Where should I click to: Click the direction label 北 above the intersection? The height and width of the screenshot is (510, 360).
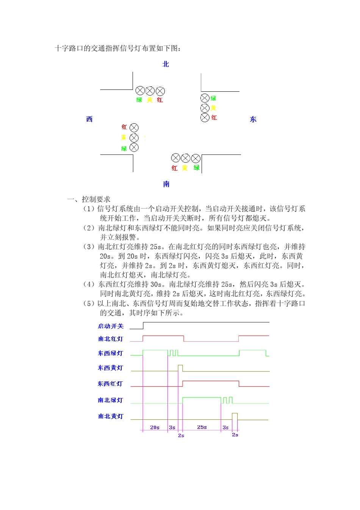(x=166, y=64)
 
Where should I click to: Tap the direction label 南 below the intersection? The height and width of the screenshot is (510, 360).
(x=166, y=184)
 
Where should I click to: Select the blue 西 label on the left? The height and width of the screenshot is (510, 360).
(x=89, y=119)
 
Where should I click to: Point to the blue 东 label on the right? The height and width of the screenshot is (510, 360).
(x=253, y=119)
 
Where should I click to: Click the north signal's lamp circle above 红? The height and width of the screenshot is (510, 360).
(x=160, y=91)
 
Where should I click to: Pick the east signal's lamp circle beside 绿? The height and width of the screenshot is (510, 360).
(x=205, y=98)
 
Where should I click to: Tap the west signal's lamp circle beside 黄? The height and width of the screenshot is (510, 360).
(x=134, y=138)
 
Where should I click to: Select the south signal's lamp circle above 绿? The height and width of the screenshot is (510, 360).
(x=196, y=158)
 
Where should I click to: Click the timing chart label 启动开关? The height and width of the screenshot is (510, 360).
(x=111, y=326)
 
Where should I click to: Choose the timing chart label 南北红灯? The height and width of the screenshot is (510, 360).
(x=111, y=339)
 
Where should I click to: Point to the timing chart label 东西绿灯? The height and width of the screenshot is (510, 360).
(x=111, y=353)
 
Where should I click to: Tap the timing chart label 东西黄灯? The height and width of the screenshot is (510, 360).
(x=111, y=368)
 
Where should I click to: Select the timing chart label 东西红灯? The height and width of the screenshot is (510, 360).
(x=110, y=384)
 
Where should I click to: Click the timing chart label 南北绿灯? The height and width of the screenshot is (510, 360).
(x=111, y=400)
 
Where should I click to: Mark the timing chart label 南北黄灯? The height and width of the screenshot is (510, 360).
(x=111, y=416)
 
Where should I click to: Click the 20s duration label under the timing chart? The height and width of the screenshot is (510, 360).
(x=155, y=427)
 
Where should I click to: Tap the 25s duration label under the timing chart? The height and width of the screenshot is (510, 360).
(x=202, y=427)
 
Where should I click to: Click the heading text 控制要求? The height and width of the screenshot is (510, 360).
(x=96, y=199)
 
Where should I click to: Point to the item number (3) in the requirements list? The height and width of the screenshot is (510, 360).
(x=89, y=247)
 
